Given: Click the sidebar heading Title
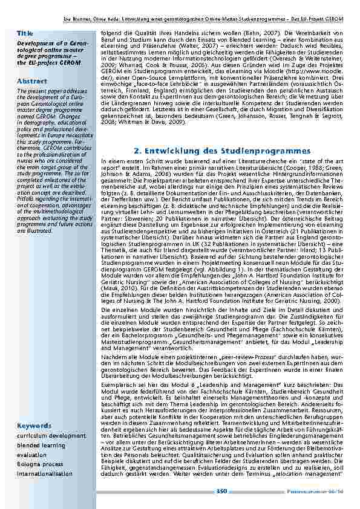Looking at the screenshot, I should [25, 32].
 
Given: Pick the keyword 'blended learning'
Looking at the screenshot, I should [41, 445].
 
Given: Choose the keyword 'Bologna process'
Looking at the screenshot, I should [39, 464].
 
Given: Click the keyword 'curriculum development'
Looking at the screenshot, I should [51, 435].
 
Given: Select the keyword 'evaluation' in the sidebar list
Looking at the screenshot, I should [32, 455].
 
